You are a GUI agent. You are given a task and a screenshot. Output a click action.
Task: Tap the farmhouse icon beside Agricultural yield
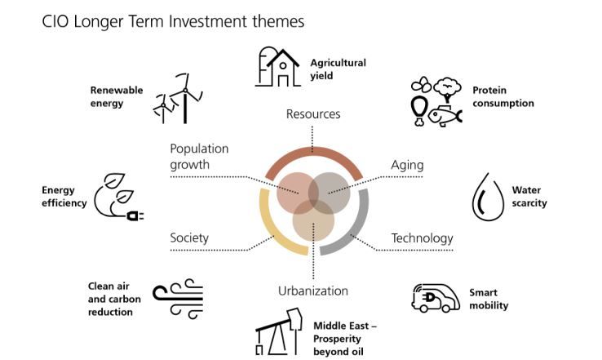(x=277, y=67)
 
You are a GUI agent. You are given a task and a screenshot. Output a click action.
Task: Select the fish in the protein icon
(x=445, y=116)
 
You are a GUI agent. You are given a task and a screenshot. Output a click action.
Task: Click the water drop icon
(x=488, y=197)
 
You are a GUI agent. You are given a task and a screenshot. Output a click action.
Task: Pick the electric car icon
(x=436, y=298)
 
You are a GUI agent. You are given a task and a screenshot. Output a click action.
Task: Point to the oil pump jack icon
(x=279, y=331)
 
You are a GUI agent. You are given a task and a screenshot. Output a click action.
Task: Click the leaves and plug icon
(x=118, y=197)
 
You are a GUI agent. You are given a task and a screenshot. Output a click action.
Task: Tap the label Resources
(x=313, y=114)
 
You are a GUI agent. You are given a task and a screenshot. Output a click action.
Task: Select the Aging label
(x=407, y=165)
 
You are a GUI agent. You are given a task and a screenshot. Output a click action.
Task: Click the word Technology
(x=423, y=238)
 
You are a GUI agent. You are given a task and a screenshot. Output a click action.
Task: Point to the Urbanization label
(x=313, y=291)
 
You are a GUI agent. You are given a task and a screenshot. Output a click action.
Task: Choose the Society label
(x=189, y=238)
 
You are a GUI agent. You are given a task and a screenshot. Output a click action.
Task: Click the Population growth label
(x=199, y=157)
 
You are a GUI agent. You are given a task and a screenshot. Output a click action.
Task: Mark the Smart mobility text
(x=489, y=299)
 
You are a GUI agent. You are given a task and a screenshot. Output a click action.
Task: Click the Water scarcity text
(x=529, y=197)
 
